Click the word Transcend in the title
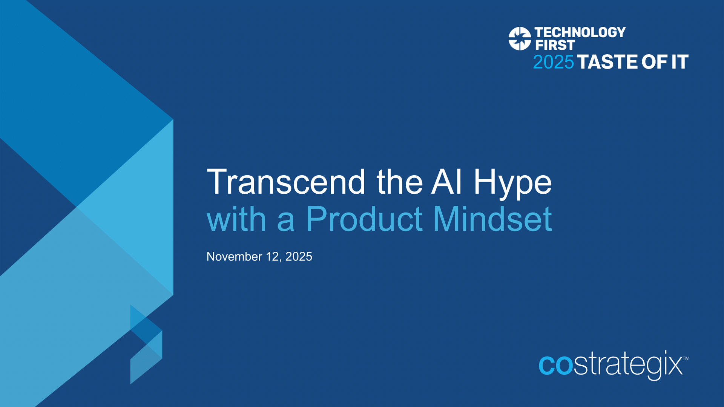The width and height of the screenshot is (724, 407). click(x=286, y=182)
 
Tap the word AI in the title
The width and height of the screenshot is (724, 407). click(x=447, y=182)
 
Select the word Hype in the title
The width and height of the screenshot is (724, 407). click(x=512, y=184)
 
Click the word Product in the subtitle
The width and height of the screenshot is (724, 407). click(x=364, y=219)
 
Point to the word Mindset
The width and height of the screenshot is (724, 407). click(x=492, y=219)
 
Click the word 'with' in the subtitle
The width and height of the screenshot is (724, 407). click(x=236, y=219)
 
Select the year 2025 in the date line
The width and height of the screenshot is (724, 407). click(x=299, y=257)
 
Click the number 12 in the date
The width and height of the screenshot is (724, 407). click(x=273, y=257)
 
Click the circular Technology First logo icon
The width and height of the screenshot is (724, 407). click(x=520, y=38)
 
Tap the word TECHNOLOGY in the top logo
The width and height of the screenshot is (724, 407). click(x=580, y=32)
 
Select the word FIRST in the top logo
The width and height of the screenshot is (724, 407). click(x=555, y=45)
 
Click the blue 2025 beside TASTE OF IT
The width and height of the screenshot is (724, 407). click(x=553, y=62)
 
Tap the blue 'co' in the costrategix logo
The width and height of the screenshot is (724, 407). click(x=556, y=365)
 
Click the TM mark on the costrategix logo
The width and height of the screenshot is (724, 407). click(x=686, y=358)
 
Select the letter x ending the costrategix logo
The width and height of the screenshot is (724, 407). click(x=675, y=366)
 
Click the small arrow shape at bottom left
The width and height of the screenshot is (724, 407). click(x=146, y=345)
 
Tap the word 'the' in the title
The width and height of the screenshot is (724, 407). click(x=399, y=182)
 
